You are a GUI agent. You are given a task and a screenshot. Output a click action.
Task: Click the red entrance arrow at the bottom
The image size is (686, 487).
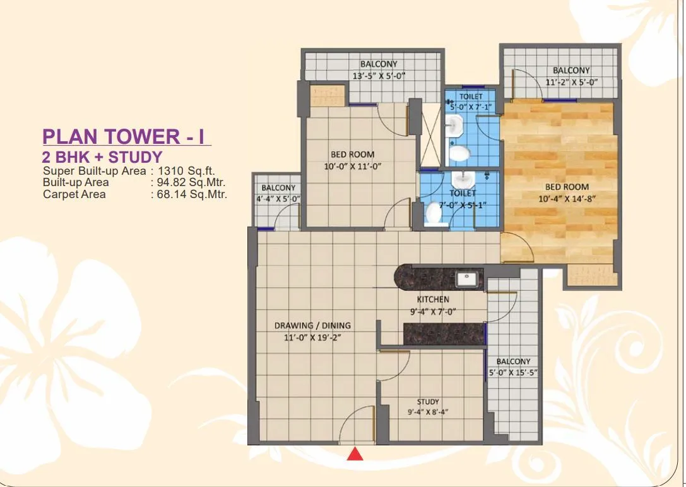(x=355, y=454)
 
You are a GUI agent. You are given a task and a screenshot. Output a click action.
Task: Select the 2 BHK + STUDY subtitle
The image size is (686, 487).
(x=102, y=157)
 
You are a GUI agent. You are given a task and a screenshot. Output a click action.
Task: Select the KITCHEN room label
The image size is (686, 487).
(x=433, y=299)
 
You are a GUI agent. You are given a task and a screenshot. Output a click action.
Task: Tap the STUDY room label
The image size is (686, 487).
(x=428, y=402)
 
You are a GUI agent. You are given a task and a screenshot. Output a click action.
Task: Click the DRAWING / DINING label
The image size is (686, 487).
(x=312, y=326)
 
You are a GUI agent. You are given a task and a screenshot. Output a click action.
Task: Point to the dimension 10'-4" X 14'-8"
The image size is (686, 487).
(x=567, y=198)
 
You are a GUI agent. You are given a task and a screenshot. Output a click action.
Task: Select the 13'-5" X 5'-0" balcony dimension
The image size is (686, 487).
(x=379, y=76)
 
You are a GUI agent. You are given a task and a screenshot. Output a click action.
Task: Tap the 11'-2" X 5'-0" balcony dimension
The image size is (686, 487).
(x=571, y=82)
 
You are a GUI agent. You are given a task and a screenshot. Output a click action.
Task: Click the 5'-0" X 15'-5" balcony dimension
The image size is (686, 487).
(x=513, y=372)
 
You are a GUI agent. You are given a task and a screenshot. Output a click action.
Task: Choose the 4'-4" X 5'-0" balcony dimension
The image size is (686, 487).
(x=278, y=199)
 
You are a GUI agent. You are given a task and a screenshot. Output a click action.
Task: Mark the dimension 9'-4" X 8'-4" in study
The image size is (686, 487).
(x=428, y=413)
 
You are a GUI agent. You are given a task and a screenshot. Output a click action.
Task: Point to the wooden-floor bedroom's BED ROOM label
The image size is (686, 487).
(x=567, y=187)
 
